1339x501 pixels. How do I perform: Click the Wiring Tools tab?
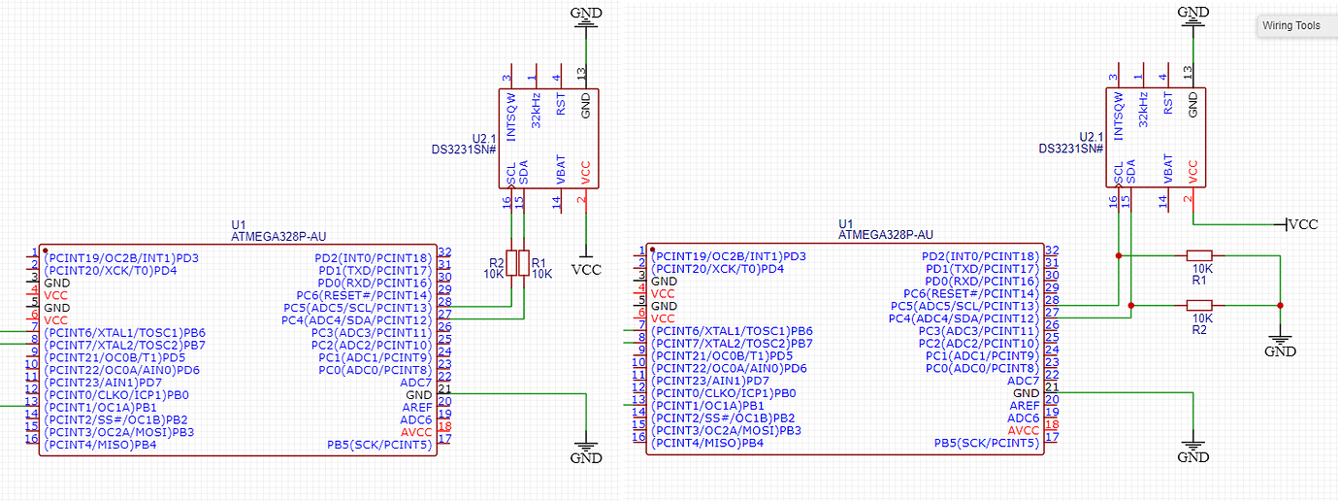click(x=1291, y=26)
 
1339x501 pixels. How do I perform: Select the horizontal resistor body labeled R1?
click(x=1201, y=255)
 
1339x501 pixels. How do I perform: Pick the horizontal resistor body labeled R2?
click(x=1201, y=305)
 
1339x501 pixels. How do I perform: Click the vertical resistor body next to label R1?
click(x=524, y=263)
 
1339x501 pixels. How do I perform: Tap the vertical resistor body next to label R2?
click(x=510, y=263)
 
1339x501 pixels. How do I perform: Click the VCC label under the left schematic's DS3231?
click(x=586, y=269)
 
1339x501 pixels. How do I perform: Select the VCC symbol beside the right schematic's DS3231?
click(x=1301, y=224)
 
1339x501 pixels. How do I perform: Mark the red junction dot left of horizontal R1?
click(x=1119, y=255)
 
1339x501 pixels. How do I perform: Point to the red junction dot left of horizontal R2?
click(x=1131, y=305)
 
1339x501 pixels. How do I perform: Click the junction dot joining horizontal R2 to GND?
click(x=1281, y=305)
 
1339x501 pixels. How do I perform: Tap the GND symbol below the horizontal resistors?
click(x=1281, y=345)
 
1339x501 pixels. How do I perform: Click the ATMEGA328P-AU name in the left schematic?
click(x=278, y=235)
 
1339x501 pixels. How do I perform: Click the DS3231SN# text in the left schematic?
click(x=464, y=150)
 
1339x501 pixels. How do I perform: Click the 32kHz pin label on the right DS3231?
click(x=1143, y=110)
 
